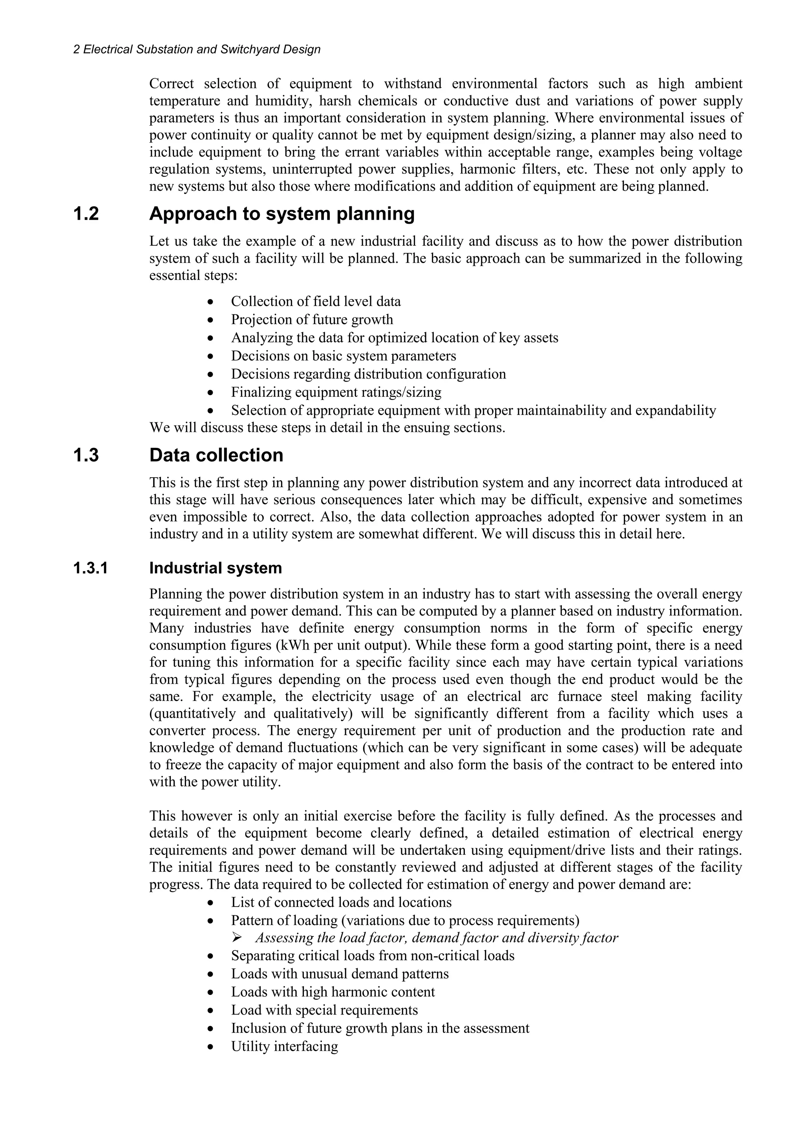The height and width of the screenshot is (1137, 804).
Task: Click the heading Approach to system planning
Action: [282, 214]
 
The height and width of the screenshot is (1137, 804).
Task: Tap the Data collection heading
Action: [216, 455]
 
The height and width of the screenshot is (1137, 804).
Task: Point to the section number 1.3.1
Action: [90, 568]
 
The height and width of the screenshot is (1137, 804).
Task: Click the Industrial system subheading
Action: [216, 568]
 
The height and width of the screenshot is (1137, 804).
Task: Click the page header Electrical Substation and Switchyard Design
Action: [197, 49]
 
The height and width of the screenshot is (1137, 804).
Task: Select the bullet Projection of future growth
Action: [312, 319]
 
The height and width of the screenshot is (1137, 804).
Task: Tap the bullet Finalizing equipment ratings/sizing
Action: [336, 392]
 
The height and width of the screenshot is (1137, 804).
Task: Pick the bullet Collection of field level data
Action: [316, 301]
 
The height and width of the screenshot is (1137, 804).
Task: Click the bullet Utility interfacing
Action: [284, 1046]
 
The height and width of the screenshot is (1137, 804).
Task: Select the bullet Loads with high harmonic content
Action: [333, 992]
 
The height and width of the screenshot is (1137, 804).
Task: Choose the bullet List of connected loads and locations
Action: [341, 902]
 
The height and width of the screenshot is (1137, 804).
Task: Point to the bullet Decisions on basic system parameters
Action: [343, 356]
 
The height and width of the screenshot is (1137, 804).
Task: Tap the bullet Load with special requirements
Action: [324, 1010]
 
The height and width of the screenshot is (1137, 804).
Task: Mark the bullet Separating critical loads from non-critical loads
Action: [373, 955]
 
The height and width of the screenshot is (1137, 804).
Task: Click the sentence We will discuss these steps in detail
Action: [327, 427]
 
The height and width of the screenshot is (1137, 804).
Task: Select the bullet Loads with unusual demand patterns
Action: [339, 974]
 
